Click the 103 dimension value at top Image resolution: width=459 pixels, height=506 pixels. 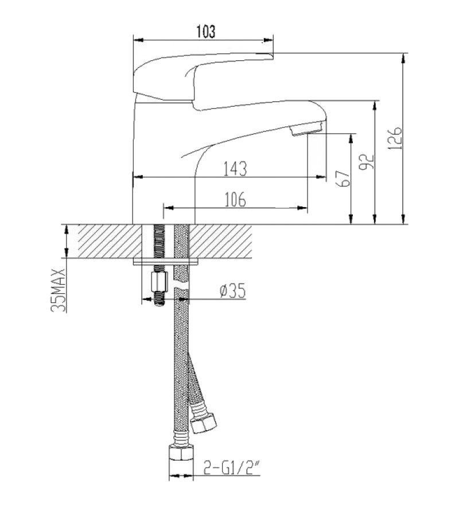coord(205,32)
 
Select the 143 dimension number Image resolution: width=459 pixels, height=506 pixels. coord(235,169)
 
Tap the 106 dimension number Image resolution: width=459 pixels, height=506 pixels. coord(235,200)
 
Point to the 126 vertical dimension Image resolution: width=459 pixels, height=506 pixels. coord(395,138)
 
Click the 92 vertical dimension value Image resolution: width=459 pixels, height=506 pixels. coord(367,162)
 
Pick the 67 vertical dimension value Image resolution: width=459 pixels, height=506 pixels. coord(343,178)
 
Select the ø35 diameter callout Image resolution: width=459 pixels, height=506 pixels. coord(232,290)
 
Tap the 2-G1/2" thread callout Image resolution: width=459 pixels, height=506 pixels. coord(231,467)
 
